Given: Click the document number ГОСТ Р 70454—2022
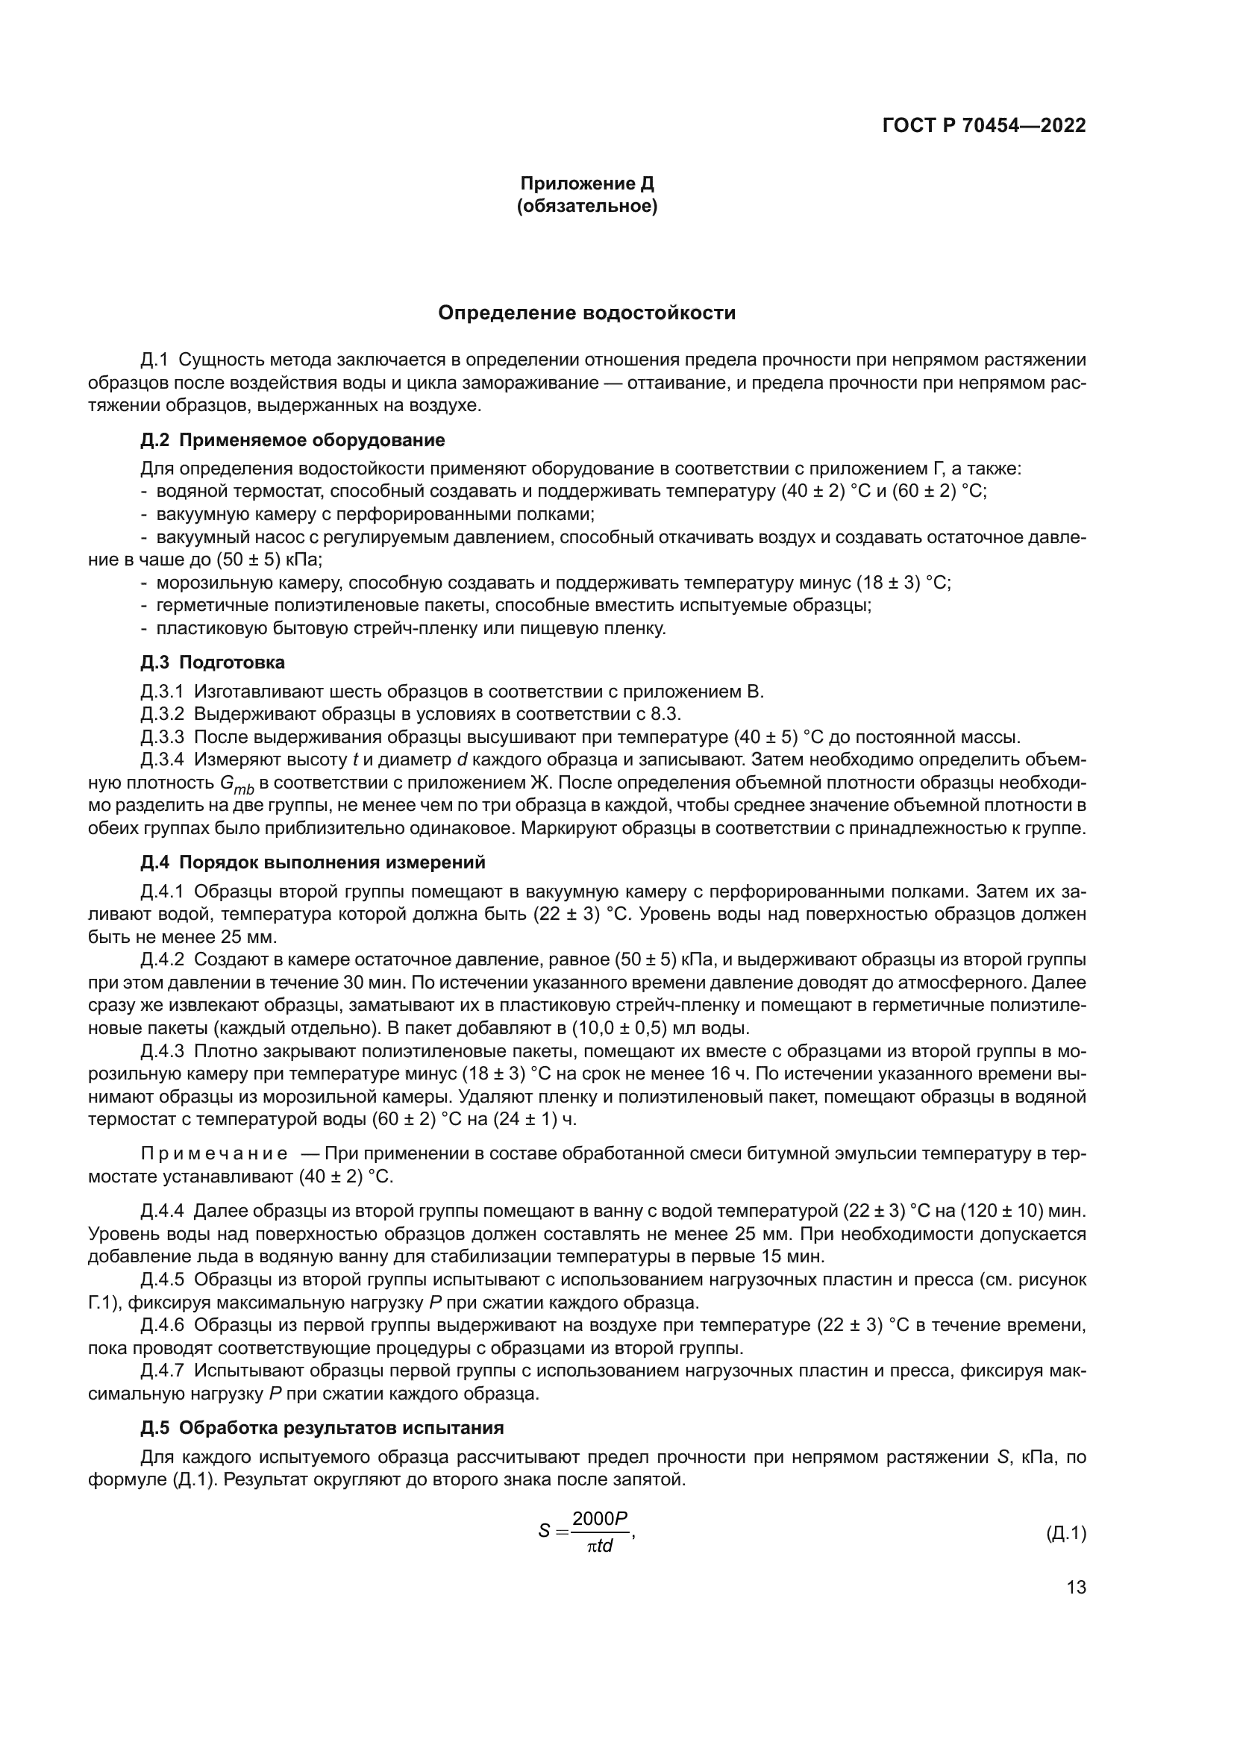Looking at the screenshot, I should coord(984,126).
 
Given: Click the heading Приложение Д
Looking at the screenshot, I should coord(586,184).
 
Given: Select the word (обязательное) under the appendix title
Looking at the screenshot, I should coord(586,206).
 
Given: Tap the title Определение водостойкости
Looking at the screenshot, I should coord(586,313).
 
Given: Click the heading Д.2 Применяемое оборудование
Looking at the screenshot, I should coord(292,440).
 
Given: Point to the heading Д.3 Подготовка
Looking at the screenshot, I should coord(213,662).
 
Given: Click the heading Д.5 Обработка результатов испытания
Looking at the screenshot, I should coord(322,1427).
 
